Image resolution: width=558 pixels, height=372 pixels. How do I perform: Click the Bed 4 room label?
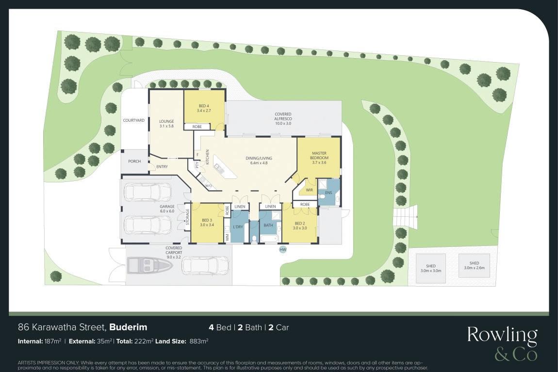204,108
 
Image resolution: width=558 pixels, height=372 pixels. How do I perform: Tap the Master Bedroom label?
319,158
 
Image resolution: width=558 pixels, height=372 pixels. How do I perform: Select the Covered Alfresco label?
283,119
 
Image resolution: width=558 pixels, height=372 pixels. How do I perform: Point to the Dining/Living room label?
259,161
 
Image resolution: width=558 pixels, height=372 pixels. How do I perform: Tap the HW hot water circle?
283,250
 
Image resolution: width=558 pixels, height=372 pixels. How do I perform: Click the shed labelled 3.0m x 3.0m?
430,269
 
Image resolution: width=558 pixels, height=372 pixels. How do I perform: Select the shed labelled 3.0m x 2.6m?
474,266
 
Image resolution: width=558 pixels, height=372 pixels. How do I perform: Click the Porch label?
134,161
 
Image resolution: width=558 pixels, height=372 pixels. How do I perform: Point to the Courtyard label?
134,120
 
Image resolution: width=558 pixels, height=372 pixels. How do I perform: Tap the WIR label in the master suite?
309,190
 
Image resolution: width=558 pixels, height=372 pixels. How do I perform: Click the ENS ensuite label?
328,193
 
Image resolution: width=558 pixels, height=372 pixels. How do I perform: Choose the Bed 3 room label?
207,223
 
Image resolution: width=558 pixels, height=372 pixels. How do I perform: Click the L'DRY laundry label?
238,226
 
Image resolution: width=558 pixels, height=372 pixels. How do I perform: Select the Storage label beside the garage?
188,217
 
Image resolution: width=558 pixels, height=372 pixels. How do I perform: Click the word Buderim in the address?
128,327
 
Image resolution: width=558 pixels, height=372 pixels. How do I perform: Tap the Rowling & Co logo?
502,343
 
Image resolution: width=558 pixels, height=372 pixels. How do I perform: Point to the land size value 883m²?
199,341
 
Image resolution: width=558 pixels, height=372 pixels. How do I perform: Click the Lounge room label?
166,123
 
